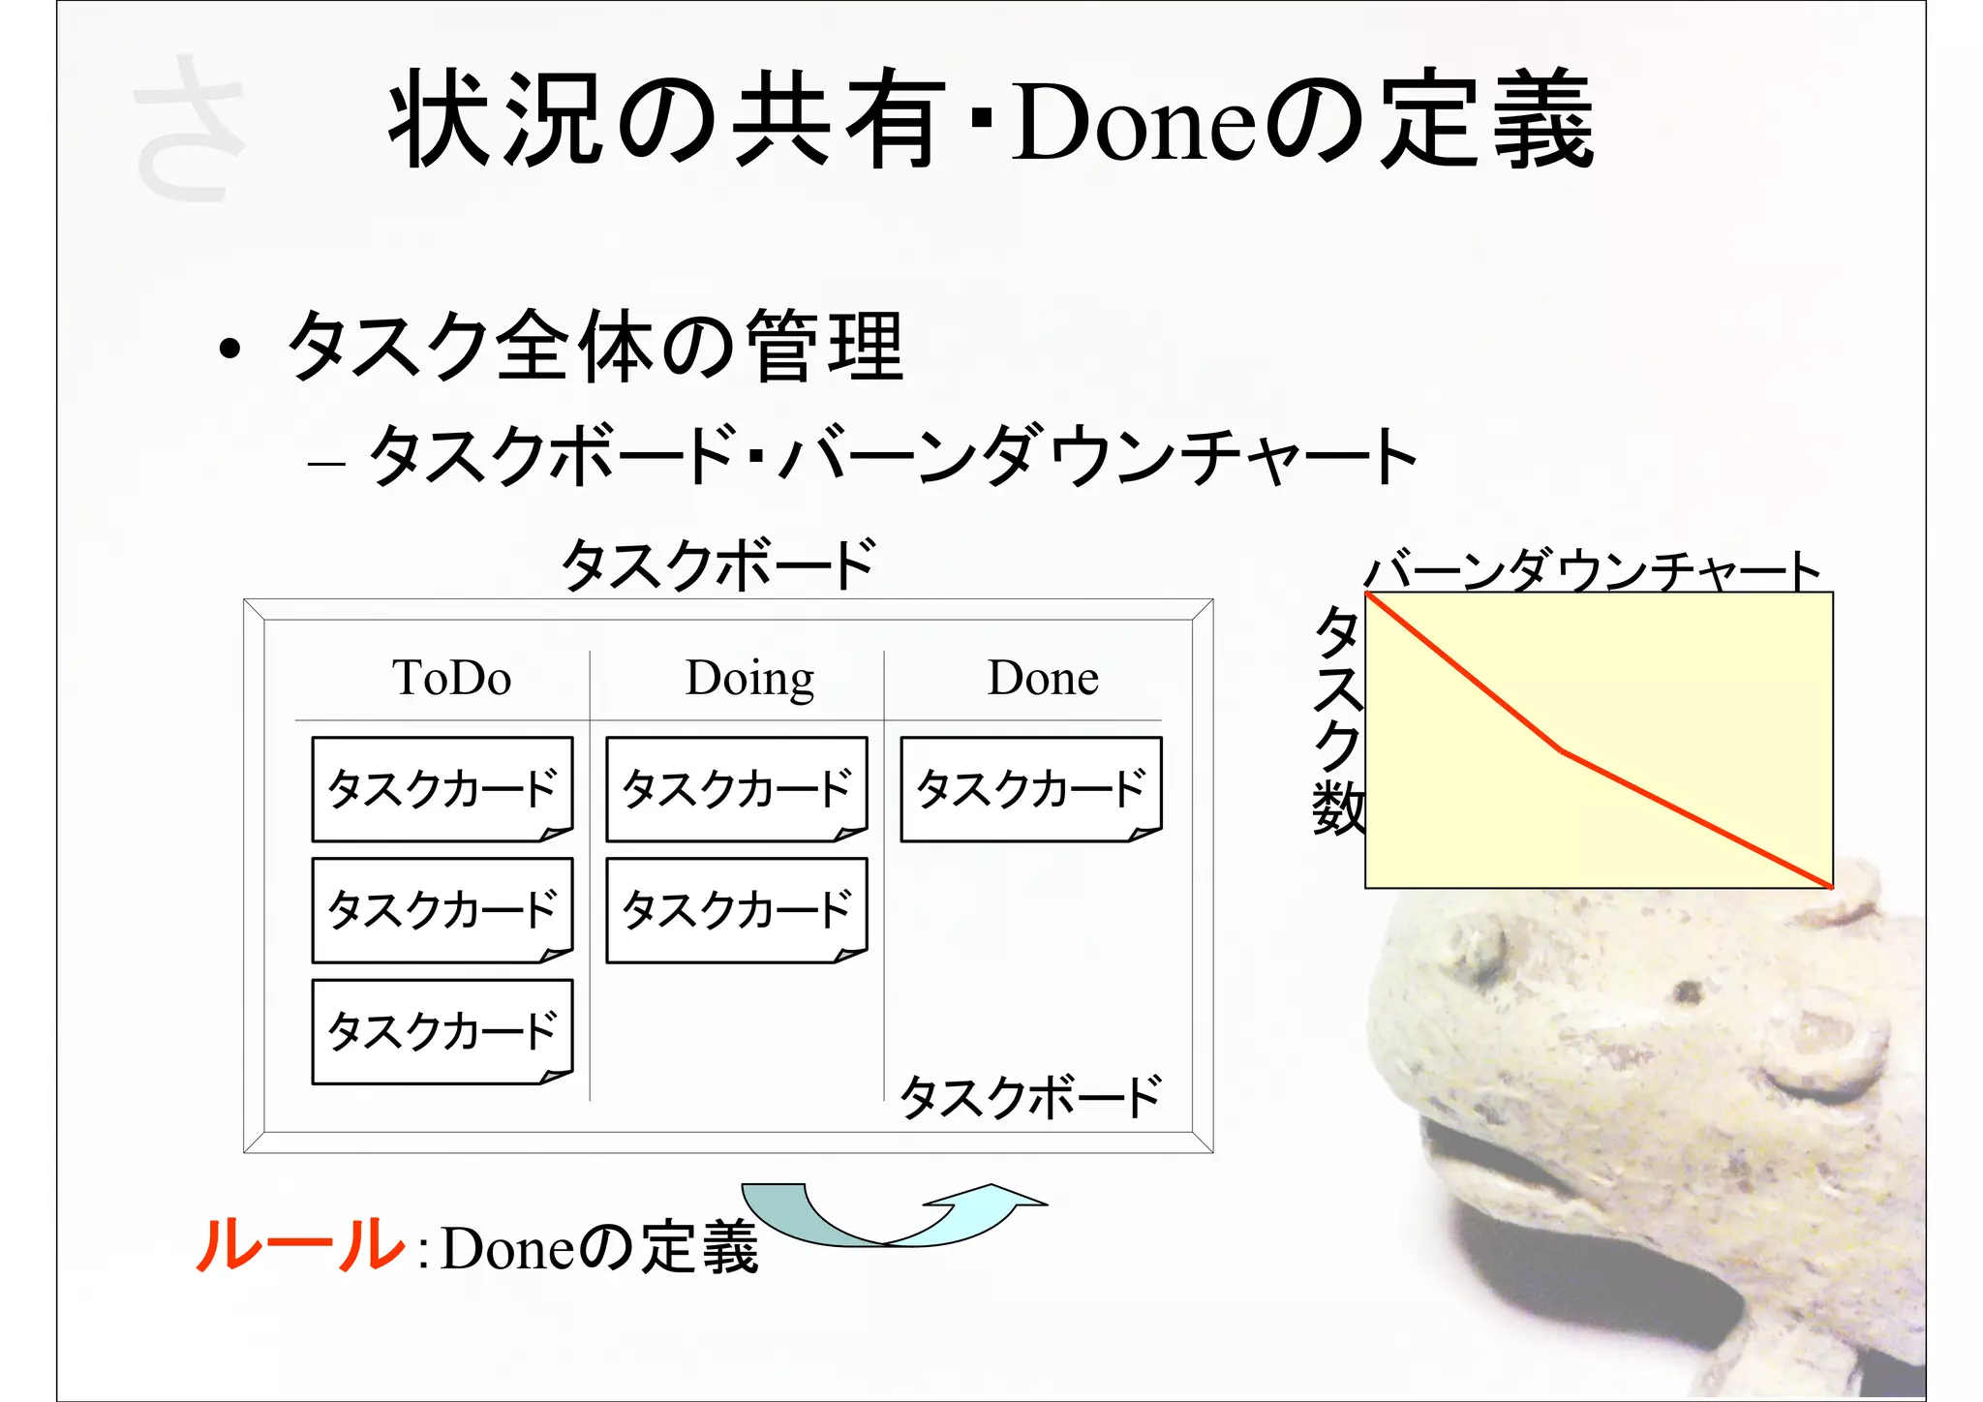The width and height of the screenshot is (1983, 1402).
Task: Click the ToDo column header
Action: pos(451,678)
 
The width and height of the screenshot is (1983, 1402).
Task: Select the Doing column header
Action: pos(749,678)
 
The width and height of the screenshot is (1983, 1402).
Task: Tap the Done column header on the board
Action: pos(1043,678)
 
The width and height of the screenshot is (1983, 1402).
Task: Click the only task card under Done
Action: pos(1030,789)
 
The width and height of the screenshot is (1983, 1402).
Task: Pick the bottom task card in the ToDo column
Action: pos(442,1031)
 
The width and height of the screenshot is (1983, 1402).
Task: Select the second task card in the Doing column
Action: pos(736,910)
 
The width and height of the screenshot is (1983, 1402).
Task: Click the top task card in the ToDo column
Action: pos(442,789)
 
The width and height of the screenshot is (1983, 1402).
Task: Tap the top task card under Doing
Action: pos(736,789)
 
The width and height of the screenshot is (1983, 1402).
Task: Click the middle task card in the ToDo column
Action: pos(442,910)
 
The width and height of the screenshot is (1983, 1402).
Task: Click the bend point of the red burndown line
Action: pos(1561,750)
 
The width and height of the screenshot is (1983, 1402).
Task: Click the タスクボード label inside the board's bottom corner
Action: pos(1030,1097)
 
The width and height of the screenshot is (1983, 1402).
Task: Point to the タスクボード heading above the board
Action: pos(718,564)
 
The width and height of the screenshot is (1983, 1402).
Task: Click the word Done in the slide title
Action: pos(1135,124)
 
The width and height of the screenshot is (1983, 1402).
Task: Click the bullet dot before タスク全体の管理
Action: pos(229,350)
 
